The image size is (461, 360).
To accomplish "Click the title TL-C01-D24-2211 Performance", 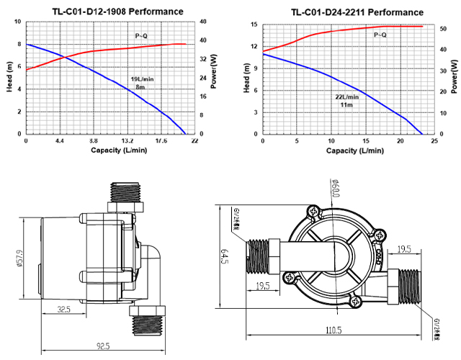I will pos(347,12).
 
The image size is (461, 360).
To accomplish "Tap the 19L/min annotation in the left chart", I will pos(141,78).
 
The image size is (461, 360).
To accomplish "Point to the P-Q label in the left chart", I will pos(141,35).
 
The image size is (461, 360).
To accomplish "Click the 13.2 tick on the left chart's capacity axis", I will pos(127,141).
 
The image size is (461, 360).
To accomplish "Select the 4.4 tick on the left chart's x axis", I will pos(60,141).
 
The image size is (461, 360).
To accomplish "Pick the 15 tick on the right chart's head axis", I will pos(255,25).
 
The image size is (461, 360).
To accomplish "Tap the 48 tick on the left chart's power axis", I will pos(205,21).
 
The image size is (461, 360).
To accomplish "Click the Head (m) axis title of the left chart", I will pos(9,78).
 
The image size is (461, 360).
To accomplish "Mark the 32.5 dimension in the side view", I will pos(65,310).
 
